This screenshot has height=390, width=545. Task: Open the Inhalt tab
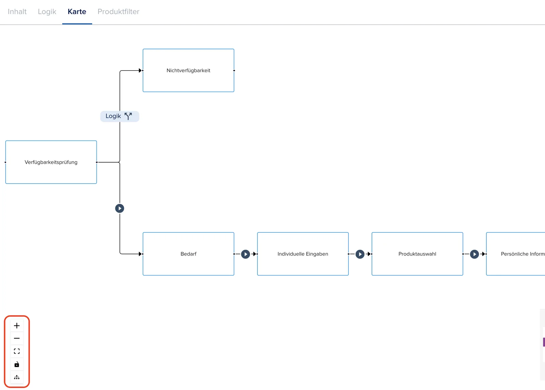coord(17,12)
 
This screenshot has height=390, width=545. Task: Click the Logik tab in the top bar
coord(47,12)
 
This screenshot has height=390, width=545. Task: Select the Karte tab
coord(77,12)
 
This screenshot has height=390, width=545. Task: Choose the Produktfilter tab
coord(118,12)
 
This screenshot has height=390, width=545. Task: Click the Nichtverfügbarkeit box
coord(188,70)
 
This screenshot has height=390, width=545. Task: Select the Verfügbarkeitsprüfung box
coord(51,162)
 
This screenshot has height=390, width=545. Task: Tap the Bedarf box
coord(188,254)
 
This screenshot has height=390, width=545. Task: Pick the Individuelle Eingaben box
coord(303,254)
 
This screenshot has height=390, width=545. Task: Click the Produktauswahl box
coord(417,254)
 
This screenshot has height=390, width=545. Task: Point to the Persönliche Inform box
coord(516,254)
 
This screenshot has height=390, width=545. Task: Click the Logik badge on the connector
coord(120,116)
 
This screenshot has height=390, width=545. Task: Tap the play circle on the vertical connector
coord(120,208)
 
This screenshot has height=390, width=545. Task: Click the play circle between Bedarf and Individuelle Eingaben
coord(246,254)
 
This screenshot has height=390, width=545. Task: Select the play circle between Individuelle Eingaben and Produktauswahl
coord(360,254)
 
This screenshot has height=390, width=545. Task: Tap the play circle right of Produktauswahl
coord(474,254)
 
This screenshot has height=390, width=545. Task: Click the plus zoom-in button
coord(17,326)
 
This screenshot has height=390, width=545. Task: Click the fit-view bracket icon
coord(17,351)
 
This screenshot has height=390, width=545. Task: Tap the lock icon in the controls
coord(17,364)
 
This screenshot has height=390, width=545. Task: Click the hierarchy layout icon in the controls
coord(17,377)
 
